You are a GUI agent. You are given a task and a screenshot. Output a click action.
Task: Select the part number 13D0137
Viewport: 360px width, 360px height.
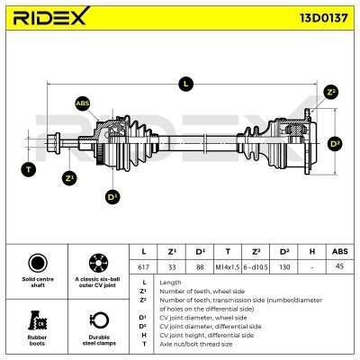pos(324,18)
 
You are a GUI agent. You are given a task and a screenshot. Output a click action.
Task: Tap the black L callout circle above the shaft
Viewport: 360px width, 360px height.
pos(185,84)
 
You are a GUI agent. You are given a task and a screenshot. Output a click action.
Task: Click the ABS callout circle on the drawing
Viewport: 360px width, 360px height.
pos(83,103)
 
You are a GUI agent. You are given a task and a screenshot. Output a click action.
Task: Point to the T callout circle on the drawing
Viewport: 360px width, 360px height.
pos(29,169)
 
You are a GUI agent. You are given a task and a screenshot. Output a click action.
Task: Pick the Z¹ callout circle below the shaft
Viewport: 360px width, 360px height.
pos(69,178)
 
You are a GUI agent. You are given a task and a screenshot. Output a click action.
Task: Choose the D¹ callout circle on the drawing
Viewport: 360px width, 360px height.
pos(112,197)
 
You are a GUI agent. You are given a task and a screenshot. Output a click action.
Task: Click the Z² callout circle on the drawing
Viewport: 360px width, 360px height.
pos(331,92)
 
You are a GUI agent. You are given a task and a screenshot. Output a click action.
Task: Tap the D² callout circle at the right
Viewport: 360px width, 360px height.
pos(335,144)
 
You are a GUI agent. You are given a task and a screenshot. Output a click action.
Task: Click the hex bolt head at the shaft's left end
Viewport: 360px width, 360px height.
pos(54,143)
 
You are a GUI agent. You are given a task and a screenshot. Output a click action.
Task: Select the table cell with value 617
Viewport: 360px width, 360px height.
pos(143,267)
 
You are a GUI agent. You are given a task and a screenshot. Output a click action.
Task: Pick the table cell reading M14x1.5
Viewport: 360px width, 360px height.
pos(228,267)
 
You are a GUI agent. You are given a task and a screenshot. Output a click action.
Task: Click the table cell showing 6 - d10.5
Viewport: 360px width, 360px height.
pos(256,267)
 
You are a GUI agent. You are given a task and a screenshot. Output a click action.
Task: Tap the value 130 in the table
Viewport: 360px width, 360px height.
pos(283,267)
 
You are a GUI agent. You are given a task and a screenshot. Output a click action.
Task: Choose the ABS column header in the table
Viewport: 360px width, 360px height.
pos(340,251)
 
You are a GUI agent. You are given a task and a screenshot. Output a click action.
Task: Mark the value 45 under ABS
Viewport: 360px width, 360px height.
pos(340,266)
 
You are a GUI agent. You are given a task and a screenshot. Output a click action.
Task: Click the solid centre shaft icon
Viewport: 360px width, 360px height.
pos(38,263)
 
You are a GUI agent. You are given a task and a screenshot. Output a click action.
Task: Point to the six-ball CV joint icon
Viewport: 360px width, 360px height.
pos(99,263)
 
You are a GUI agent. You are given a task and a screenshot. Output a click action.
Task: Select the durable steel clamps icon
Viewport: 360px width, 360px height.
pos(99,320)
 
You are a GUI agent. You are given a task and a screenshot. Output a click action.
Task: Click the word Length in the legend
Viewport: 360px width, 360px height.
pos(170,283)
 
